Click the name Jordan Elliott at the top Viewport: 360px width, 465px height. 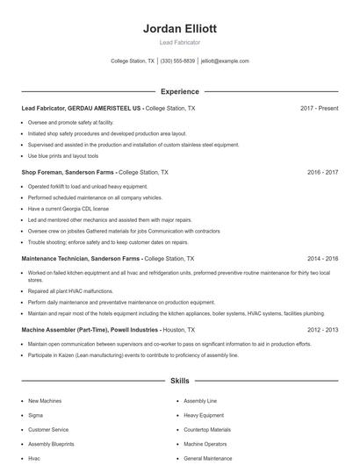[179, 29]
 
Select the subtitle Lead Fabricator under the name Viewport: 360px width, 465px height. [179, 42]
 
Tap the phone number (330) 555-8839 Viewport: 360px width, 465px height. [178, 61]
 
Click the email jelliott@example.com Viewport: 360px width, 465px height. [225, 61]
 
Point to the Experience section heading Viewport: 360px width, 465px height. [179, 91]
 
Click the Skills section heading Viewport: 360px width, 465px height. [179, 382]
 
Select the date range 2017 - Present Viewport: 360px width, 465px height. [319, 108]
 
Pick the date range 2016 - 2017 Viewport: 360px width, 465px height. [322, 173]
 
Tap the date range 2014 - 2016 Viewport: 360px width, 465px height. [322, 259]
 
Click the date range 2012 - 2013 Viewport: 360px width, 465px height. [322, 330]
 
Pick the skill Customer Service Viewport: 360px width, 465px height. [48, 430]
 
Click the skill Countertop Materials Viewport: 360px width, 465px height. [206, 430]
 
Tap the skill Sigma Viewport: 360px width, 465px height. [35, 415]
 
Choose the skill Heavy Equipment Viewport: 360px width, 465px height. [203, 415]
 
